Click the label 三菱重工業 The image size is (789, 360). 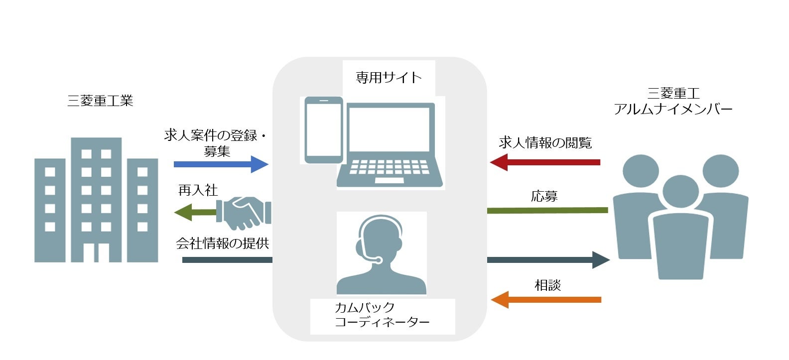pyautogui.click(x=100, y=101)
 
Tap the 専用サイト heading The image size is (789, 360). pyautogui.click(x=389, y=78)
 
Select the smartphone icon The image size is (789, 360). pyautogui.click(x=324, y=130)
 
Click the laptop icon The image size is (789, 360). pyautogui.click(x=389, y=144)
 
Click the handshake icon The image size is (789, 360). pyautogui.click(x=247, y=213)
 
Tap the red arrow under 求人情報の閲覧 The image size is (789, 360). pyautogui.click(x=545, y=162)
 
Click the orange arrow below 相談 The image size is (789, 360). pyautogui.click(x=546, y=300)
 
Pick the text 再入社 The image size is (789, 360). pyautogui.click(x=198, y=190)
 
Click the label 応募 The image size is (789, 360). pyautogui.click(x=544, y=196)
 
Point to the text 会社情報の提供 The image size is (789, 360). pyautogui.click(x=222, y=243)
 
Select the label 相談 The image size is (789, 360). pyautogui.click(x=547, y=285)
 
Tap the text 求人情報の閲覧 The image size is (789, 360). pyautogui.click(x=545, y=143)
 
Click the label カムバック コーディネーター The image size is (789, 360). pyautogui.click(x=382, y=315)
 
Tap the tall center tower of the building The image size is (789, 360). pyautogui.click(x=96, y=199)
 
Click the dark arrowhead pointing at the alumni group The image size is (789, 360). pyautogui.click(x=601, y=260)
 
